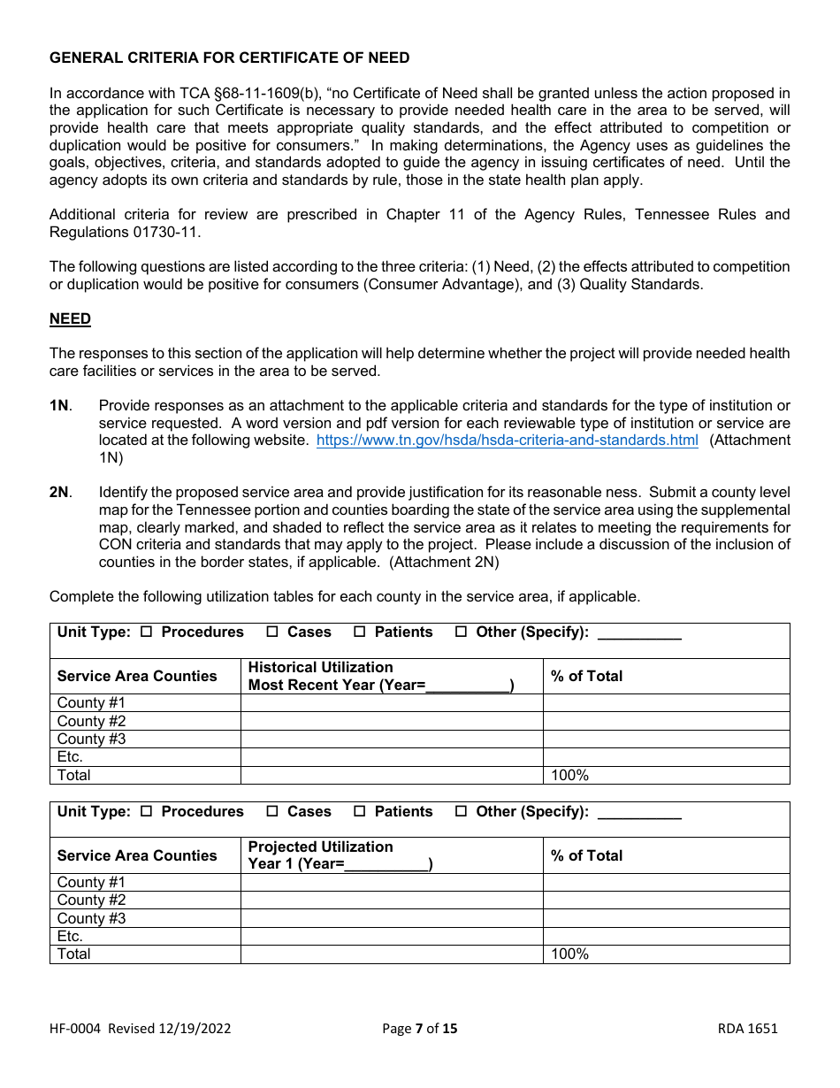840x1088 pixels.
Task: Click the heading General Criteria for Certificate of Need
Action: click(x=229, y=58)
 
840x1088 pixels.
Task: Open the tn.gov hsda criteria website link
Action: click(x=507, y=441)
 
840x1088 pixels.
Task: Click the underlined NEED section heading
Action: click(x=70, y=319)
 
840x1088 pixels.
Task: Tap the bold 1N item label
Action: click(x=59, y=406)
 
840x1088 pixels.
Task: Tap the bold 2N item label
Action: click(x=59, y=493)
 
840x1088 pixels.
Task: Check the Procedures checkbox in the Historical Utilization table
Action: click(x=147, y=632)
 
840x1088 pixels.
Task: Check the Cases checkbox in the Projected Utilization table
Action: click(x=272, y=812)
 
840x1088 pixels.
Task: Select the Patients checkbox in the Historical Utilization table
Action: click(x=360, y=632)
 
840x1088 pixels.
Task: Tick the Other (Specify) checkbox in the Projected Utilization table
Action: click(x=461, y=812)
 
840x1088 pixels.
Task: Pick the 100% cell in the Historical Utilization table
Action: click(x=569, y=776)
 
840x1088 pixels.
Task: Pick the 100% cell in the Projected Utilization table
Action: click(x=569, y=954)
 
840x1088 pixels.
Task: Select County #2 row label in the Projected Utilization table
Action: click(x=91, y=900)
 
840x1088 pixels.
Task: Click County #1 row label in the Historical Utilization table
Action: click(x=91, y=703)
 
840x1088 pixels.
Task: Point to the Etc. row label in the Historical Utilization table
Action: click(x=70, y=757)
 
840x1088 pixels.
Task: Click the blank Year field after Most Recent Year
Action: click(x=468, y=686)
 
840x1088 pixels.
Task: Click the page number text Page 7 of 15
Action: click(x=420, y=1029)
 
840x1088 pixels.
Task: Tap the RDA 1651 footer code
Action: click(x=747, y=1029)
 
